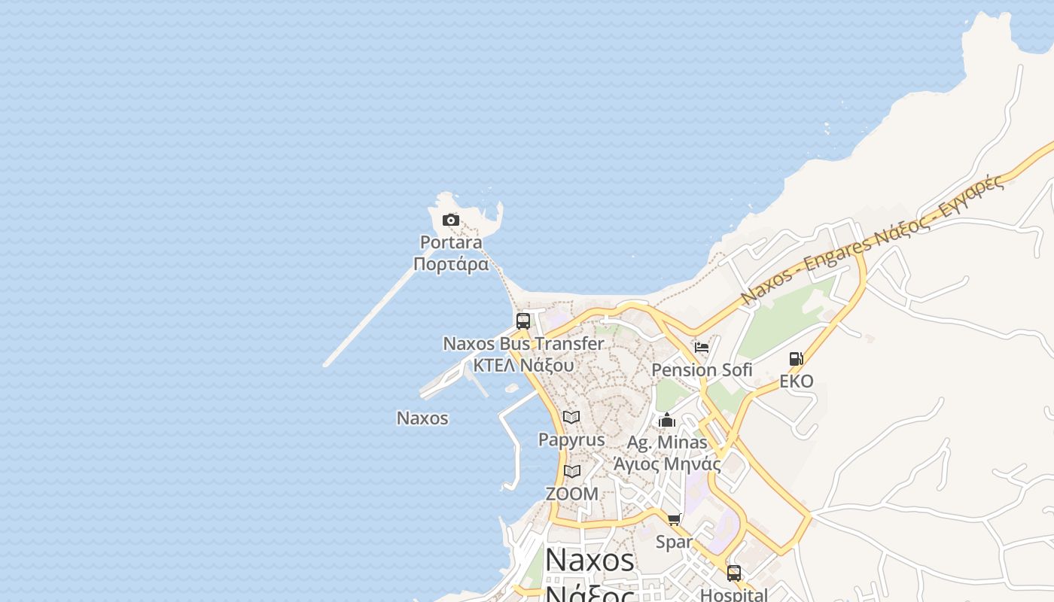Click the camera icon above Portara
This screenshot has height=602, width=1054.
[451, 220]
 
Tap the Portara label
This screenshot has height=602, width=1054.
[451, 242]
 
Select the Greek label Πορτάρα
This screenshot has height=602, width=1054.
[451, 264]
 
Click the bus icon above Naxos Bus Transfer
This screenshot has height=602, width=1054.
[523, 321]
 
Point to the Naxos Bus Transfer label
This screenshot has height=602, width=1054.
[523, 344]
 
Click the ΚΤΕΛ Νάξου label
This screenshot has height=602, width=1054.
[523, 366]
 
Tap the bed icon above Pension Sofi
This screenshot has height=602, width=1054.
[702, 348]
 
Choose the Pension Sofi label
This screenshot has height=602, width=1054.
[702, 370]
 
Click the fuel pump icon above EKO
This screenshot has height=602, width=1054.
[796, 359]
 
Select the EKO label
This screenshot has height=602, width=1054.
[796, 382]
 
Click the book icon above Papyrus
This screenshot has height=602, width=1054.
[571, 417]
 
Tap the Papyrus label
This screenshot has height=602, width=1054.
[571, 439]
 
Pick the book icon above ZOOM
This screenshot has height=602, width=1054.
[572, 472]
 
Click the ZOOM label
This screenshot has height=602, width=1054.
[572, 494]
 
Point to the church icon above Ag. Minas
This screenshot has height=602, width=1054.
[667, 420]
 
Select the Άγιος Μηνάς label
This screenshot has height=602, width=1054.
[667, 464]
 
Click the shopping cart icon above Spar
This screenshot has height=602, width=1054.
[674, 519]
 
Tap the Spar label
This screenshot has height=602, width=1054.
[674, 542]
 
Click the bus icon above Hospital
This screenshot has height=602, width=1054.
[734, 573]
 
